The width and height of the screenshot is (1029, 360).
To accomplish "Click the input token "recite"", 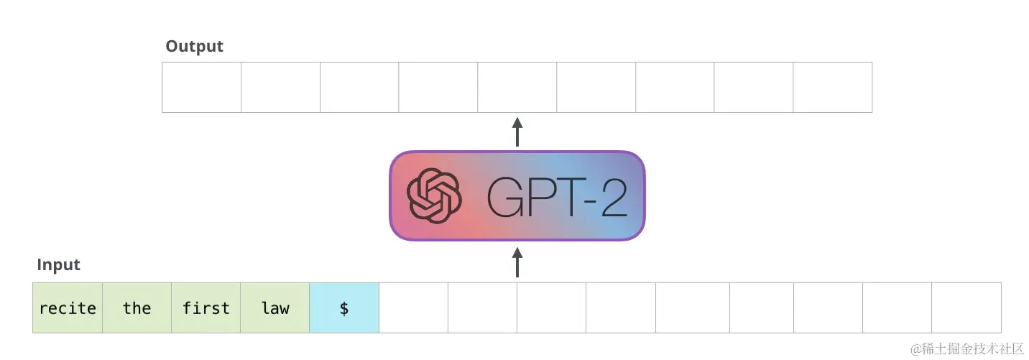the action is click(68, 308).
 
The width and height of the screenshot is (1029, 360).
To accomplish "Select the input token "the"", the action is click(137, 308).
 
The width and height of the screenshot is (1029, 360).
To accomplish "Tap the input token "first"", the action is click(206, 308).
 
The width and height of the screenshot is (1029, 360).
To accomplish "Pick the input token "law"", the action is click(275, 308).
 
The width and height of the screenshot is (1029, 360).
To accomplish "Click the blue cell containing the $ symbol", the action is click(344, 308).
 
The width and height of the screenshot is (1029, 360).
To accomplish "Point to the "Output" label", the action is click(194, 47).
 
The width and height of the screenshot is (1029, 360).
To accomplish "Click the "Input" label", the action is click(58, 265).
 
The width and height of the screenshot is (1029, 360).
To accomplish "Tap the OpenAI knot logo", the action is click(433, 195).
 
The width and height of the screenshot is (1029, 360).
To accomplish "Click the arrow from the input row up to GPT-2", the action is click(517, 262).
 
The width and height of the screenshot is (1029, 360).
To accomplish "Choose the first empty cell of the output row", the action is click(202, 87).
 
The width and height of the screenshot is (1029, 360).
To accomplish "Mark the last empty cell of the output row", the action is click(832, 87).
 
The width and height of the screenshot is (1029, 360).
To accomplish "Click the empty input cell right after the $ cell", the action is click(413, 308).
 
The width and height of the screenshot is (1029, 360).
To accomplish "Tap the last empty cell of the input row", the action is click(966, 308).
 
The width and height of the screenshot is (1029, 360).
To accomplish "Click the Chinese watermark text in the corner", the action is click(966, 349).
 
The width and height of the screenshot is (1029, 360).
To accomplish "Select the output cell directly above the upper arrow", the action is click(517, 87).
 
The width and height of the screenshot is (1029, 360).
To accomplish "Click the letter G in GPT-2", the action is click(505, 195).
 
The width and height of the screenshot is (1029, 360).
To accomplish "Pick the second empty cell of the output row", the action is click(280, 87).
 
